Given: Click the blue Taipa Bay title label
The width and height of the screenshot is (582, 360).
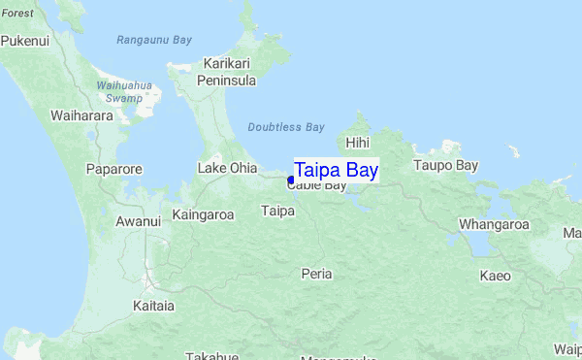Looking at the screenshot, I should tap(336, 170).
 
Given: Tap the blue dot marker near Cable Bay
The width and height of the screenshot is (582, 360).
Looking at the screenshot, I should tap(291, 180).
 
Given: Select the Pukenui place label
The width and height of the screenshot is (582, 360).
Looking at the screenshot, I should tap(25, 42).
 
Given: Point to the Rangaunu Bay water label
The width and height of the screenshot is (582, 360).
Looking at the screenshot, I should tap(154, 40).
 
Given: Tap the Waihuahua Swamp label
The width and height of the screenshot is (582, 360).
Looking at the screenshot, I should tap(124, 91).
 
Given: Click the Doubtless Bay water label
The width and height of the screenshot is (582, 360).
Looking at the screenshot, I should tap(285, 127).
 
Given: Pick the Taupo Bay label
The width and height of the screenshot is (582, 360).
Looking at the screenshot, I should tap(446, 165).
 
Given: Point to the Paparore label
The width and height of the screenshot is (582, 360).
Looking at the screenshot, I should tap(113, 169).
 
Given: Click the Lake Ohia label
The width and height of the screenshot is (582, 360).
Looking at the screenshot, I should tap(227, 168).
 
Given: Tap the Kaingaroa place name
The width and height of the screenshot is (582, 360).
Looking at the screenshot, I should tap(203, 214).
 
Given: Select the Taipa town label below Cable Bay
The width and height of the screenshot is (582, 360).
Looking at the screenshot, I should tap(278, 210).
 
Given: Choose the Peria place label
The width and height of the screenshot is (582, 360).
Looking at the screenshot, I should tap(316, 274).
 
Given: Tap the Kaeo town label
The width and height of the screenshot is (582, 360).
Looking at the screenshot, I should tap(495, 276).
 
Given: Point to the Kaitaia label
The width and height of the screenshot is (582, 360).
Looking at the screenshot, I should tap(153, 306).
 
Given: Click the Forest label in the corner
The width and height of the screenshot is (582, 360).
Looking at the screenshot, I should tap(16, 14).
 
